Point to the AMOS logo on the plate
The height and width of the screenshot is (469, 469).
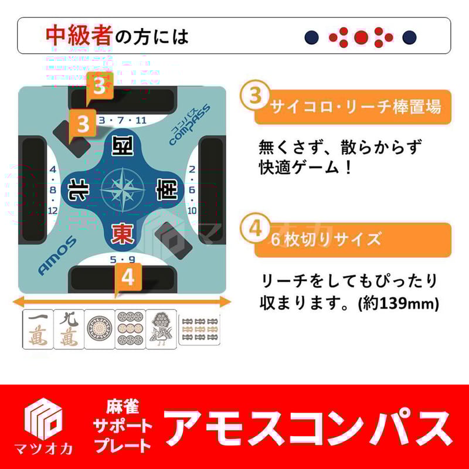[57, 256]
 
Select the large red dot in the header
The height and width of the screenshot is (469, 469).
[361, 38]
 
